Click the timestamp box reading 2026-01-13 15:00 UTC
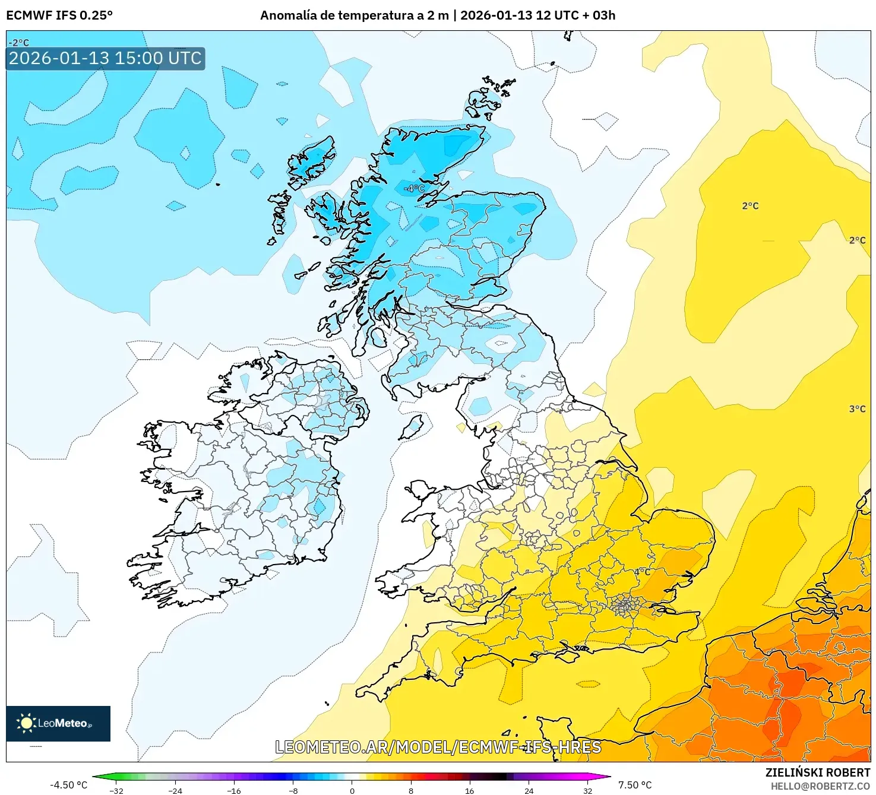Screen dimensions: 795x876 pyautogui.click(x=105, y=58)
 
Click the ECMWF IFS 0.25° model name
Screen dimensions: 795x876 pyautogui.click(x=59, y=15)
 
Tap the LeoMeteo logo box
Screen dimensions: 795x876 pyautogui.click(x=58, y=723)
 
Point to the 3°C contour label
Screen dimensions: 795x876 pyautogui.click(x=857, y=409)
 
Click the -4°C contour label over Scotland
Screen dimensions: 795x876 pyautogui.click(x=415, y=188)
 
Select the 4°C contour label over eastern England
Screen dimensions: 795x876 pyautogui.click(x=642, y=572)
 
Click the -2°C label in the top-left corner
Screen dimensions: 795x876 pyautogui.click(x=18, y=43)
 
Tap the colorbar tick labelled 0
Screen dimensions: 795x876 pyautogui.click(x=352, y=790)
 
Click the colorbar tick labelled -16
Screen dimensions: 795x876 pyautogui.click(x=234, y=790)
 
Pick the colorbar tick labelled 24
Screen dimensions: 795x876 pyautogui.click(x=529, y=790)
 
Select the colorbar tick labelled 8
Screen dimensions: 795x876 pyautogui.click(x=410, y=790)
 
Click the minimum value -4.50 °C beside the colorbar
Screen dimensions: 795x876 pyautogui.click(x=68, y=785)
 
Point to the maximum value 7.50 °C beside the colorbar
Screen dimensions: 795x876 pyautogui.click(x=635, y=785)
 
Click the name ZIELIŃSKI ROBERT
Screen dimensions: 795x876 pyautogui.click(x=817, y=772)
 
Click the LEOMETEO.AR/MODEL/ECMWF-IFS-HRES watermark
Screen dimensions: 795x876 pyautogui.click(x=438, y=747)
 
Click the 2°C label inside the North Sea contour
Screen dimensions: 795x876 pyautogui.click(x=750, y=206)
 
